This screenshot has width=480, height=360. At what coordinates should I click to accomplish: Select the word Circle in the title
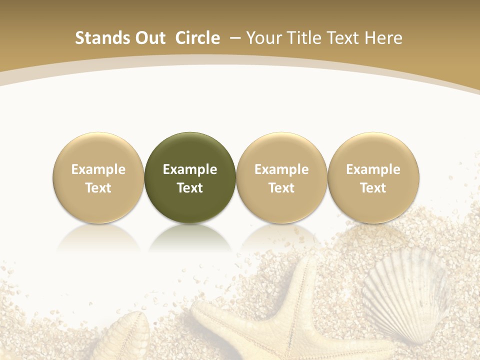tap(197, 38)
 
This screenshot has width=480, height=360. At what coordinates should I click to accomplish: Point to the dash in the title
tap(233, 38)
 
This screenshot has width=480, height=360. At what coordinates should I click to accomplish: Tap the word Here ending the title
tap(384, 38)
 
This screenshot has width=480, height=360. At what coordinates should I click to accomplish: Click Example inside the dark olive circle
tap(190, 169)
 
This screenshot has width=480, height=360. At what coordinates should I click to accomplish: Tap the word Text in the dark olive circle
tap(190, 188)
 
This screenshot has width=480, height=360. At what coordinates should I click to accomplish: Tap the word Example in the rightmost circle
tap(373, 169)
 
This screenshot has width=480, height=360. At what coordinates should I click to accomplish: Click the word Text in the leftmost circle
tap(98, 188)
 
